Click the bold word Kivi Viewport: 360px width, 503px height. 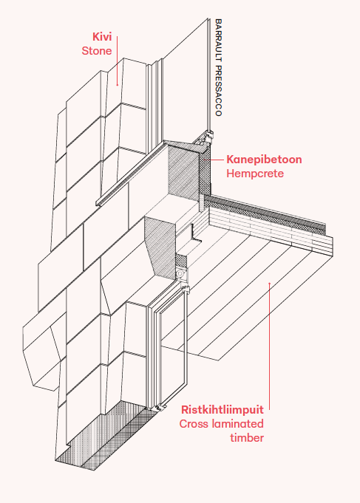(102, 37)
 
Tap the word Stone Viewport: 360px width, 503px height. (97, 51)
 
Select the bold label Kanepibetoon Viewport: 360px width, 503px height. (264, 160)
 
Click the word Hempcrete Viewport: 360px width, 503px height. (255, 174)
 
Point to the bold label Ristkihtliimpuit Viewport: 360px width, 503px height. (223, 410)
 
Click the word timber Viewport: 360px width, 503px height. (247, 438)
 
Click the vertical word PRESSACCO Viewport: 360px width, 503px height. (218, 91)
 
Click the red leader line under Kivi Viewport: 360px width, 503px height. (118, 61)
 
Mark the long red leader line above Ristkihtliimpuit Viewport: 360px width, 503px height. (269, 346)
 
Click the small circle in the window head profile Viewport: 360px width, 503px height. (180, 273)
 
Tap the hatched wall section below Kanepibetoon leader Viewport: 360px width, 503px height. (183, 170)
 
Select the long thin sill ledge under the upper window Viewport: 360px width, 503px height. (130, 174)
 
